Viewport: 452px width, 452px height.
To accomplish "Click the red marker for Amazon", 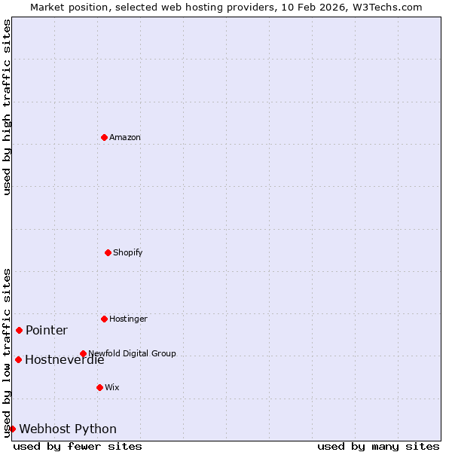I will [104, 137].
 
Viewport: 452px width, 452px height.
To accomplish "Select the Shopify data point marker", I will [108, 252].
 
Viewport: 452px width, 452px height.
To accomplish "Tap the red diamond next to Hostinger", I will [104, 319].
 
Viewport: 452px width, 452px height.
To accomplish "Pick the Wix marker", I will [99, 387].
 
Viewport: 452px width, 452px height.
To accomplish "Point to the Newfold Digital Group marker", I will [83, 353].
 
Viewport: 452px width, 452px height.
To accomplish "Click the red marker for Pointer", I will [19, 330].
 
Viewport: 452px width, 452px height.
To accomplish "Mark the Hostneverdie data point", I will [18, 359].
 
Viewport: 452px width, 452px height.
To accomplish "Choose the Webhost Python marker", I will [12, 429].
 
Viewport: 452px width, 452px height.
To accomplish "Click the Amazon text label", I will [125, 137].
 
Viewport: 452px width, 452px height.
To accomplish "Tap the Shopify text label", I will [128, 252].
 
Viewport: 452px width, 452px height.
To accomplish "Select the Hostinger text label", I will [128, 319].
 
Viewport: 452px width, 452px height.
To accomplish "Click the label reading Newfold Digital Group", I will [132, 353].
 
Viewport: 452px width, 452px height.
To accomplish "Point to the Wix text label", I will [112, 387].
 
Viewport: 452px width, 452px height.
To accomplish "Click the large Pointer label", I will [47, 330].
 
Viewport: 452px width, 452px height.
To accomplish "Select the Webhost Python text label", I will [68, 429].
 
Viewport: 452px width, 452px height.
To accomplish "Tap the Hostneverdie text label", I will [64, 359].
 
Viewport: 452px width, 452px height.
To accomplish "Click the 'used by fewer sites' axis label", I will [78, 446].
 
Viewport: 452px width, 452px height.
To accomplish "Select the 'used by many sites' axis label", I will [378, 446].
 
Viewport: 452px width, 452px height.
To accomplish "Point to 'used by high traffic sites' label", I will [7, 107].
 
